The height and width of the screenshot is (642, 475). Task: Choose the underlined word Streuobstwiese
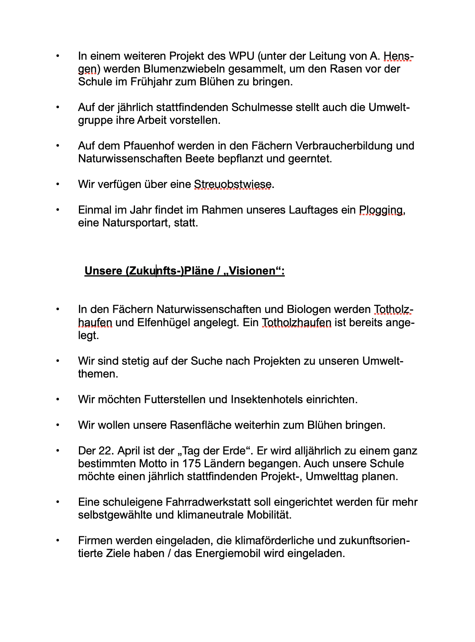pos(233,184)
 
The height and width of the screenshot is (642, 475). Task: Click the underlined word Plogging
pos(381,210)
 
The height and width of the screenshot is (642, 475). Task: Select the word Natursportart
pos(136,223)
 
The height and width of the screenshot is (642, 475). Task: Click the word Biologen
pos(309,310)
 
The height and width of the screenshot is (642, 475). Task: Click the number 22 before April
pos(105,451)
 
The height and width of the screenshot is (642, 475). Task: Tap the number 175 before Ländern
pos(191,464)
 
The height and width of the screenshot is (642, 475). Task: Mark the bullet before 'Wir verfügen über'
pos(58,184)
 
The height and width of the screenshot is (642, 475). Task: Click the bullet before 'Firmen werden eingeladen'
pos(58,541)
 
